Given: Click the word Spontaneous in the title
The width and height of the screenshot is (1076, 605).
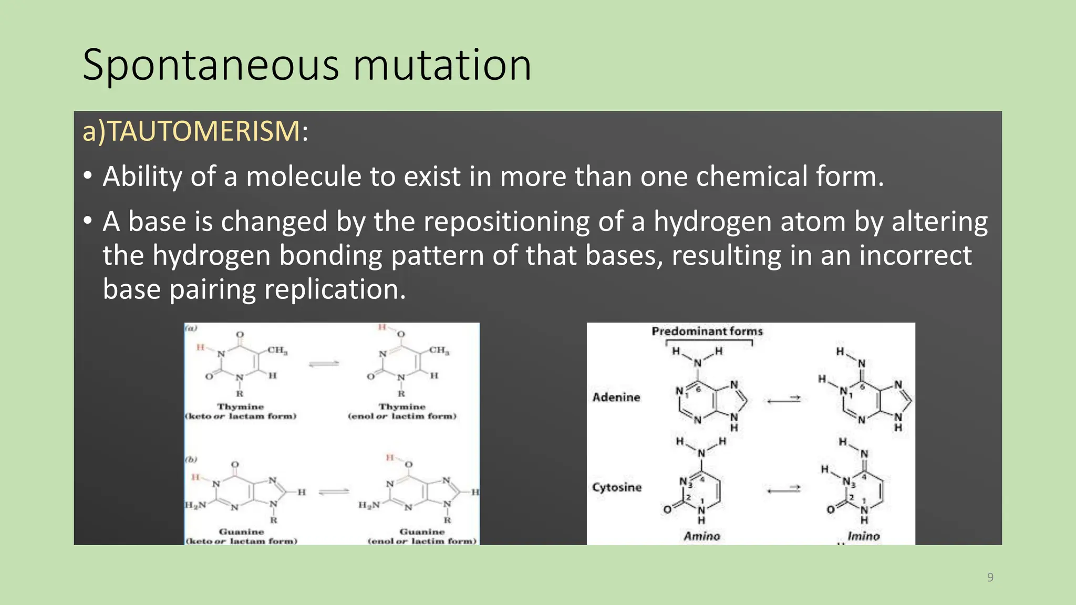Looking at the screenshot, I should point(211,65).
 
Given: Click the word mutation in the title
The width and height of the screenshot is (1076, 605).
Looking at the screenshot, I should point(442,65).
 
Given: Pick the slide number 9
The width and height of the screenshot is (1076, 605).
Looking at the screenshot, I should point(990,578).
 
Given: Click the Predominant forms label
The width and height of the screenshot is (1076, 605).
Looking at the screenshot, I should point(707,331).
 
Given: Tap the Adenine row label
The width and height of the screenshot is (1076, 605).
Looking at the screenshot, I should point(616,398).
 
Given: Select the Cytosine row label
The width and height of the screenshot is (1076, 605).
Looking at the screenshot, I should point(617,487).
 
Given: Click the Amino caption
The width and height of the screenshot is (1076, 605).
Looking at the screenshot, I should point(701,536).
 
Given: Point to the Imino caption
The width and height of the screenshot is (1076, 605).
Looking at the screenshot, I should point(863,536).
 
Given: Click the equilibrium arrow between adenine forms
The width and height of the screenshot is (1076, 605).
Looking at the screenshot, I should point(783,400).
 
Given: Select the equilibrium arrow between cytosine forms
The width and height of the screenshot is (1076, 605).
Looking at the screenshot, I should point(783,489).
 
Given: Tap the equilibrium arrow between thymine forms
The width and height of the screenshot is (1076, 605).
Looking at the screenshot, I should point(324,363).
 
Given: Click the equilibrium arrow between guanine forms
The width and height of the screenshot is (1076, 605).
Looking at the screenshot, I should point(334,492).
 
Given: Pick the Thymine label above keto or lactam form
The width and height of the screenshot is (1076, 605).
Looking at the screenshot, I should point(241,407).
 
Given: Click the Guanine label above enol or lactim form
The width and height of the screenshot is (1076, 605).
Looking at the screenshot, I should point(422,532).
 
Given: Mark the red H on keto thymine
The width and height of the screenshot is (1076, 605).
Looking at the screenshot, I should point(200,347).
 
